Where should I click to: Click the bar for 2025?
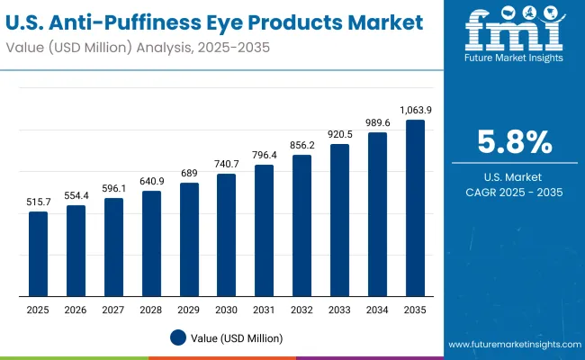38,254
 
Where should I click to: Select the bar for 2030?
226,235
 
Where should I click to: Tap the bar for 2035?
415,208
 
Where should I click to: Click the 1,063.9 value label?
415,110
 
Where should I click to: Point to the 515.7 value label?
38,202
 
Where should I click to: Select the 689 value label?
189,173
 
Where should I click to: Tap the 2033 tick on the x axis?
339,310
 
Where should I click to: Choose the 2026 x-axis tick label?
76,310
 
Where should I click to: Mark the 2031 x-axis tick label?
264,310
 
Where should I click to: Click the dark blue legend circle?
178,337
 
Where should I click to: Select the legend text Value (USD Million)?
236,337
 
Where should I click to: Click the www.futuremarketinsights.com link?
512,345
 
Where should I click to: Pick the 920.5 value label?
339,133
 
